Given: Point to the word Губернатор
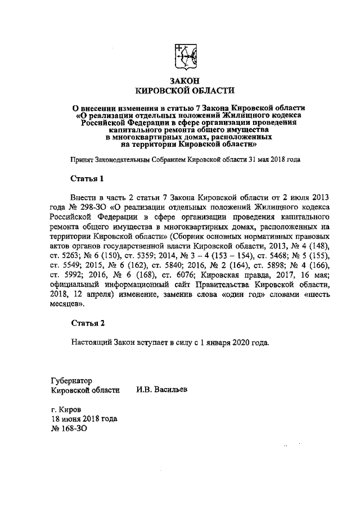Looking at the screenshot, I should click(71, 380).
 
